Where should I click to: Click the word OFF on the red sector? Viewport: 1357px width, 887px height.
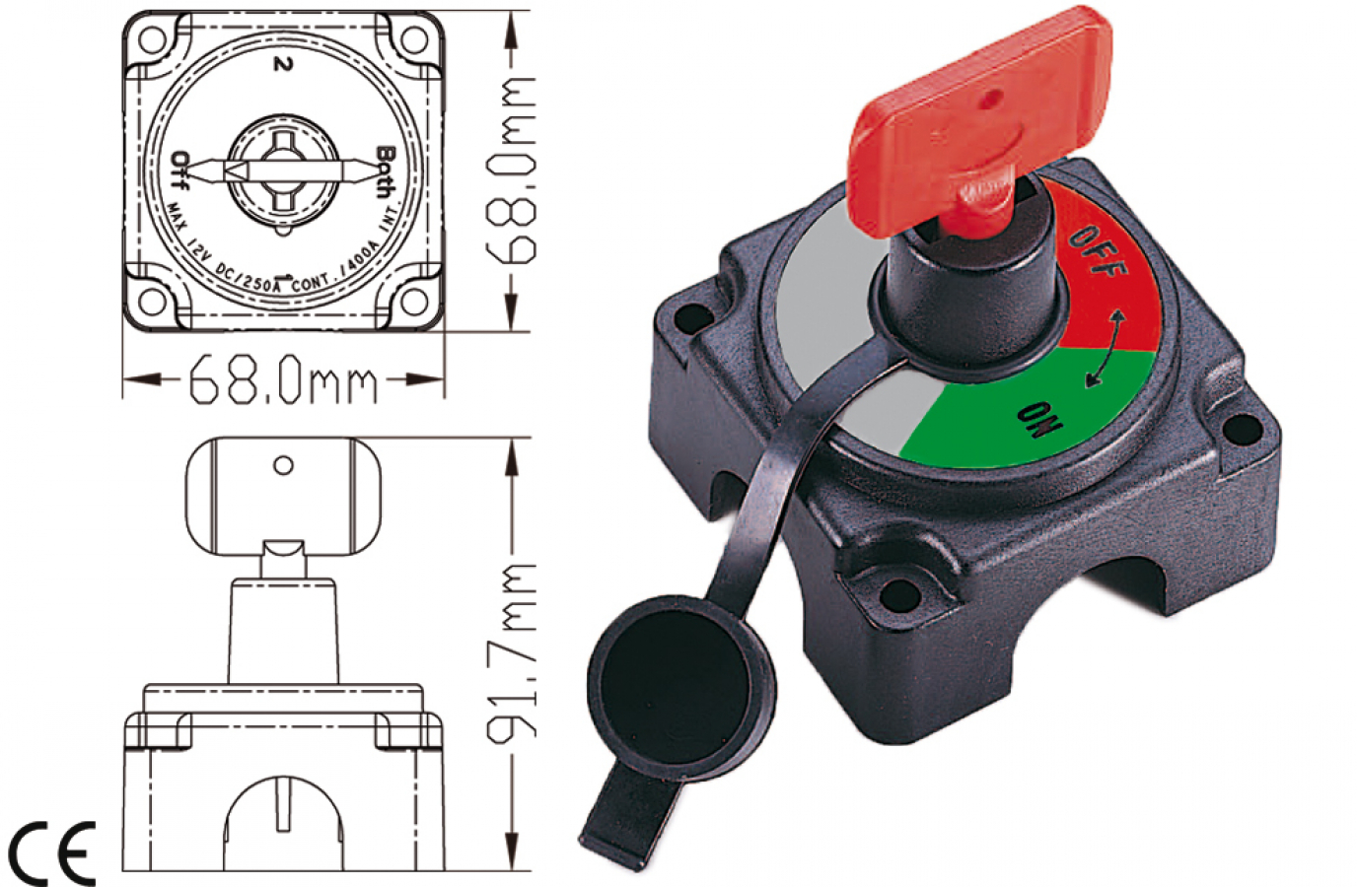1097,250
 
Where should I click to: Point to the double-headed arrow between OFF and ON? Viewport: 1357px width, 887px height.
1105,349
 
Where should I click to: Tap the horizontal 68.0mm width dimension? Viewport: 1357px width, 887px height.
283,379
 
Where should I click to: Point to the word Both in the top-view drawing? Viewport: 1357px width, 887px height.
386,171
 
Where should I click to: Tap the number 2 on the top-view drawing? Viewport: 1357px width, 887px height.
284,65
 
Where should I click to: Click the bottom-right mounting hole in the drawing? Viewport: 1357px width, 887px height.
415,300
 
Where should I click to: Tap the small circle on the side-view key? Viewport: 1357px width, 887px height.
283,465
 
